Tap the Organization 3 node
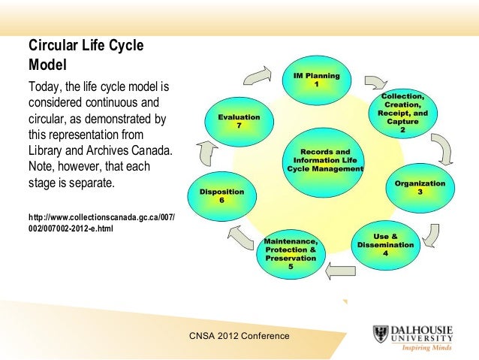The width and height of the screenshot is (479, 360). pos(420,188)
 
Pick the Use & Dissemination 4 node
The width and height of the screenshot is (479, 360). pos(385,246)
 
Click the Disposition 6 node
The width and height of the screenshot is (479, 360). pos(221,197)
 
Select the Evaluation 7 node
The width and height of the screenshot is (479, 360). pos(239,122)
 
